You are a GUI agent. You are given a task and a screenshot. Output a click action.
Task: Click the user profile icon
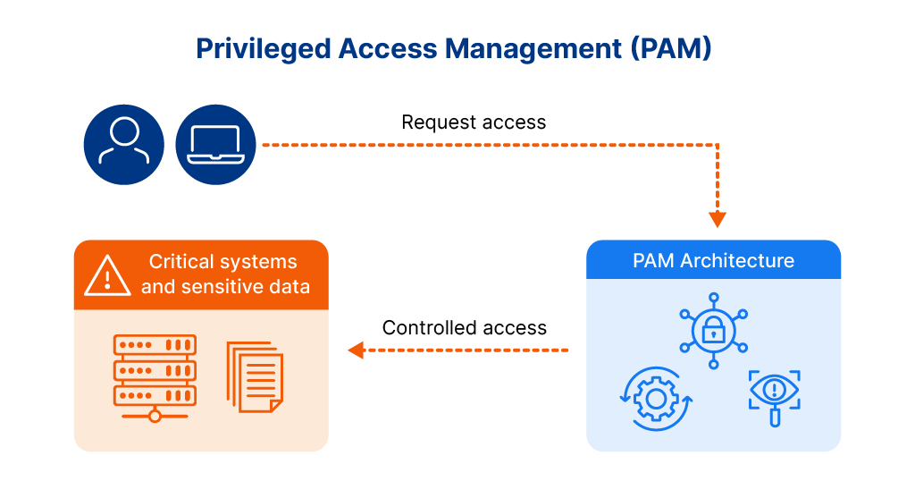[123, 145]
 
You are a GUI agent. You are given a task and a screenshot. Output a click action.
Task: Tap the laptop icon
[215, 145]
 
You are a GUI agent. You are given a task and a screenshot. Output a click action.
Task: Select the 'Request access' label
[474, 122]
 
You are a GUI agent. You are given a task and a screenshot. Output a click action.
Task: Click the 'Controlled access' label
[464, 328]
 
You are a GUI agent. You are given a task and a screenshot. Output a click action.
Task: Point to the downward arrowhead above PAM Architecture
[717, 219]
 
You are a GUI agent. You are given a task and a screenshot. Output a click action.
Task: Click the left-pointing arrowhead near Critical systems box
[356, 350]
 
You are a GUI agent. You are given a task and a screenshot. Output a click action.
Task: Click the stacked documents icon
[255, 376]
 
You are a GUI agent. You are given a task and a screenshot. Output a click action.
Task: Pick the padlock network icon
[713, 330]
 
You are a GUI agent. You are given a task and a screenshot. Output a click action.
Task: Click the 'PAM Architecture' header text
[713, 261]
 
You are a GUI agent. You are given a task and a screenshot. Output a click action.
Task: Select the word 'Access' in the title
[387, 48]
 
